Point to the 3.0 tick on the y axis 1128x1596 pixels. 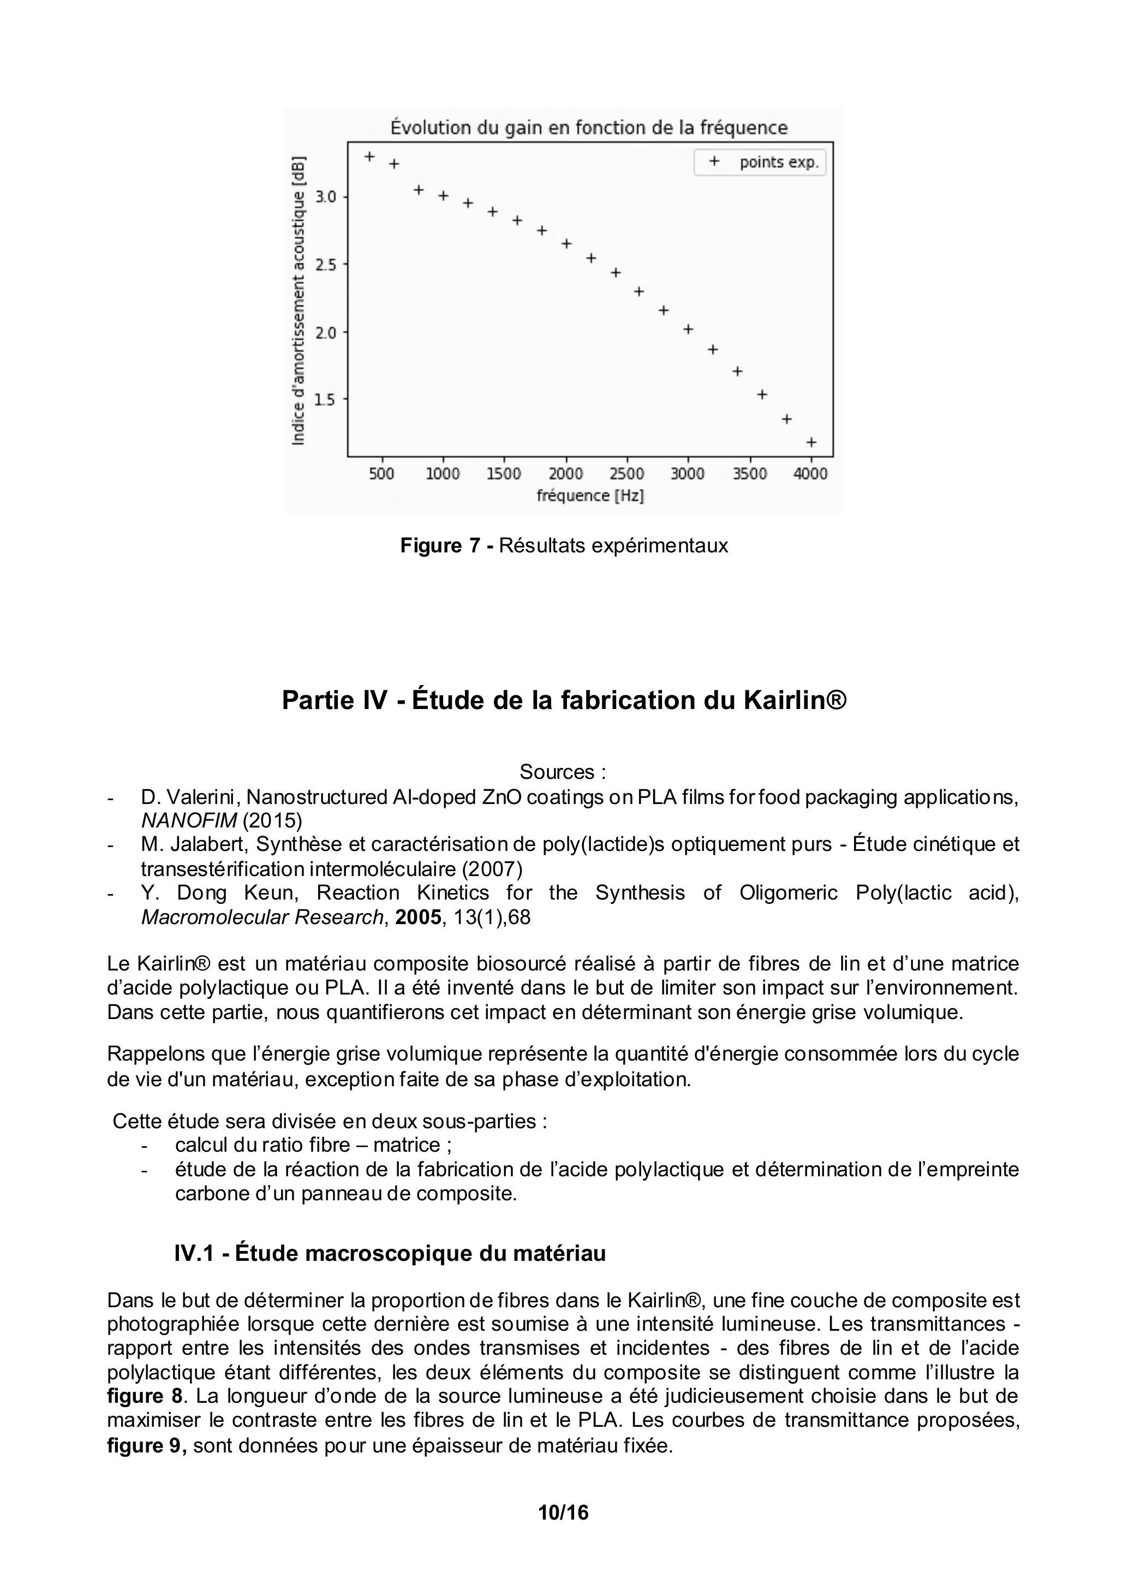[x=325, y=196]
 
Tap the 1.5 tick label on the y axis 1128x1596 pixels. [x=325, y=400]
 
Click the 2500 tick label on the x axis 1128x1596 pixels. [x=627, y=474]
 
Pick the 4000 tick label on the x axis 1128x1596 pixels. [x=810, y=474]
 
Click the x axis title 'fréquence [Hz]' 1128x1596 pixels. [x=590, y=496]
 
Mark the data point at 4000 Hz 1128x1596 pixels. [x=811, y=442]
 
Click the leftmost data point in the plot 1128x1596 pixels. [x=370, y=157]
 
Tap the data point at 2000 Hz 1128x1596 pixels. [x=566, y=243]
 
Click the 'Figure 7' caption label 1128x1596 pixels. [x=440, y=546]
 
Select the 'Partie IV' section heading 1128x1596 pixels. [x=564, y=700]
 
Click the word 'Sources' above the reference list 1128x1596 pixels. [x=557, y=772]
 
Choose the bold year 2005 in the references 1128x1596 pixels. [x=417, y=918]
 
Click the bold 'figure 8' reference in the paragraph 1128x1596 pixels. [x=145, y=1396]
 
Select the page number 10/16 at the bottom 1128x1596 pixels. [x=563, y=1512]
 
